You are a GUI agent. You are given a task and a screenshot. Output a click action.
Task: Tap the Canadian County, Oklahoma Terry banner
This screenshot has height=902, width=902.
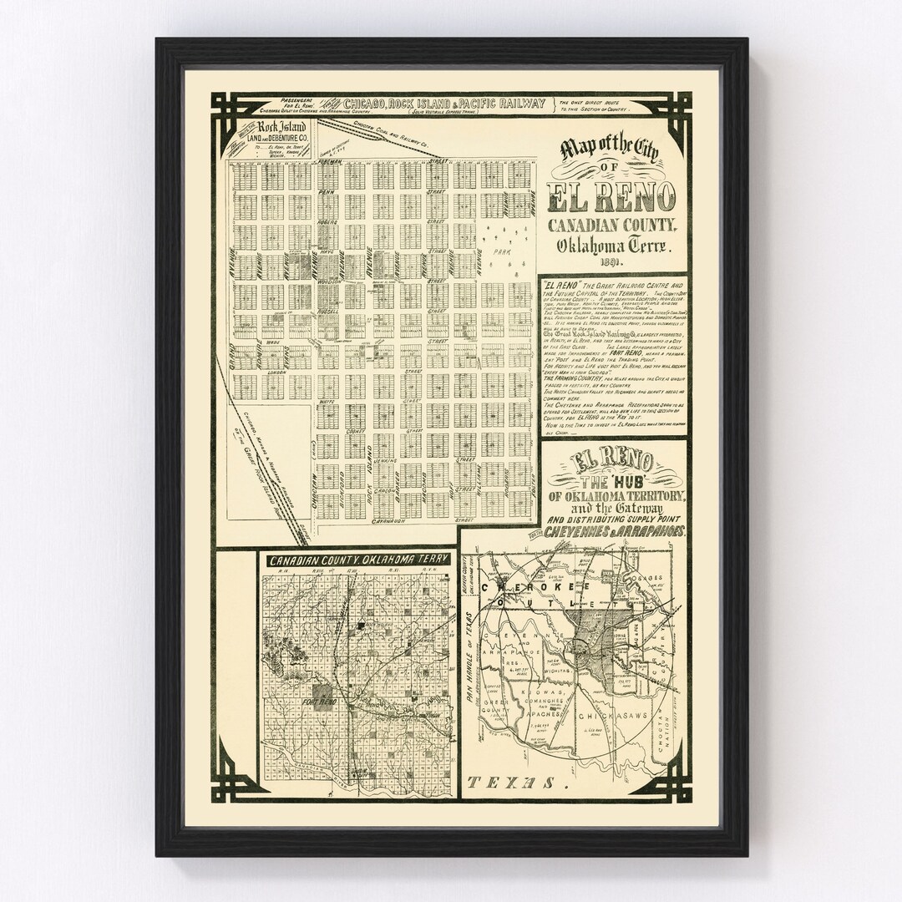click(x=358, y=559)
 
